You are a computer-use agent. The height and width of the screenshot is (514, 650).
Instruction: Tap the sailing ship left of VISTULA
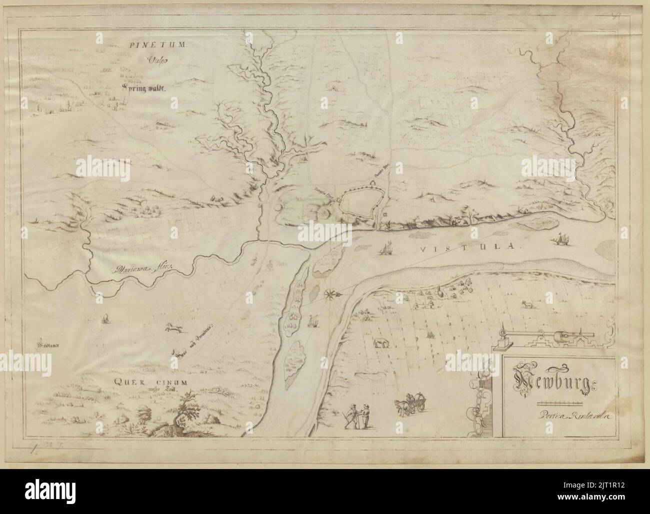[385, 247]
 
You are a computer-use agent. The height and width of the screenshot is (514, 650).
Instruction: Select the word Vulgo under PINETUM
[155, 61]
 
